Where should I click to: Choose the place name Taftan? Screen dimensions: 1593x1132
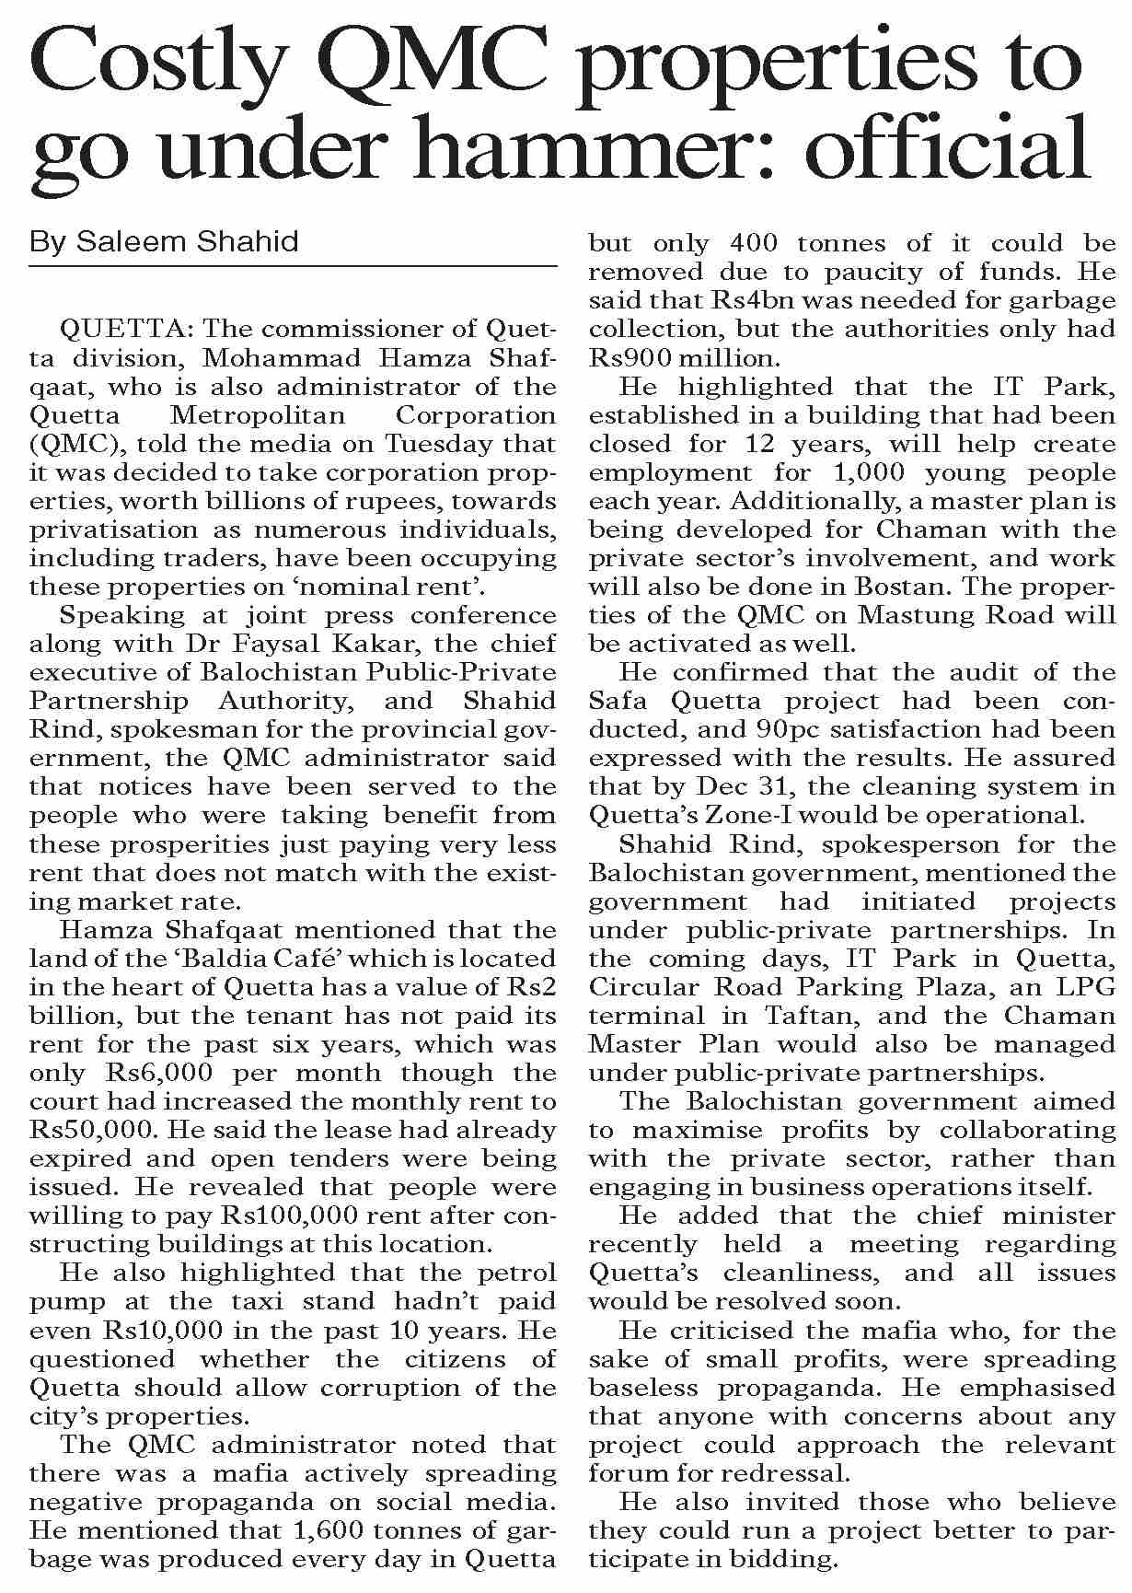tap(818, 1016)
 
